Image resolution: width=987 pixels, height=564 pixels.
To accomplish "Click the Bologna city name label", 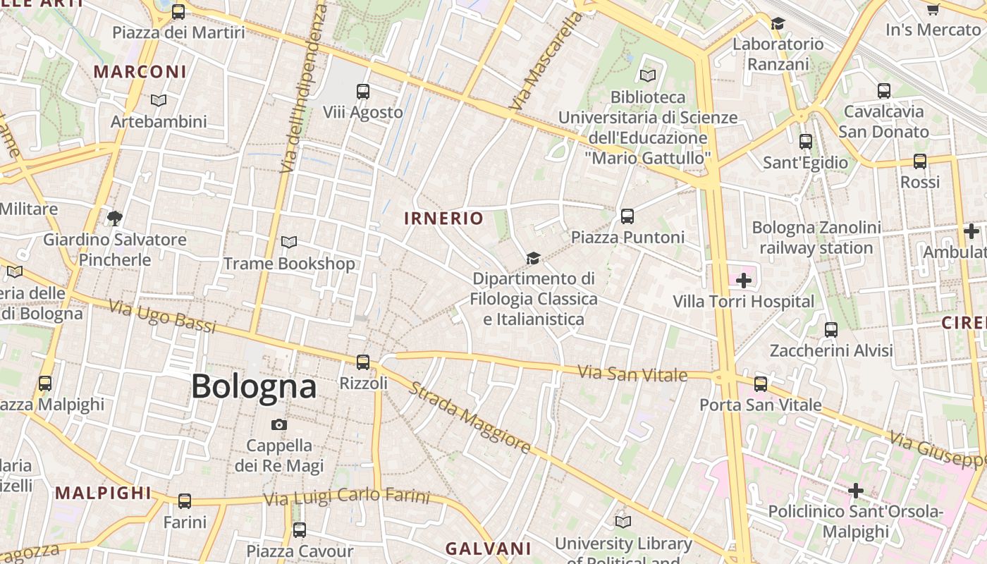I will (254, 386).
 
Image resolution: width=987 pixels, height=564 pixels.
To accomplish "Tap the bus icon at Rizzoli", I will (363, 362).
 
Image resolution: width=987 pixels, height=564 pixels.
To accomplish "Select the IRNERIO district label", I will (444, 219).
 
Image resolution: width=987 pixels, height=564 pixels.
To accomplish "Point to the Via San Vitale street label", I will (632, 374).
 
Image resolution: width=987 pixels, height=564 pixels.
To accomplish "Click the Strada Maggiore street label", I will (470, 418).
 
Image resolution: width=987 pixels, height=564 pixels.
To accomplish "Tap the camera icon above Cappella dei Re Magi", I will (279, 424).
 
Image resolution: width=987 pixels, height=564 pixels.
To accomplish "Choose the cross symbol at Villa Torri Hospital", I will (743, 281).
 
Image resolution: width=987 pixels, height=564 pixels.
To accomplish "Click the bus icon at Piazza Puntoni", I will (627, 216).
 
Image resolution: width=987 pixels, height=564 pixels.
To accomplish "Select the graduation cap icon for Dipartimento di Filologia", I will (534, 259).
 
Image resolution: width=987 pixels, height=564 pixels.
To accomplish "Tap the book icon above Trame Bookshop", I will (289, 243).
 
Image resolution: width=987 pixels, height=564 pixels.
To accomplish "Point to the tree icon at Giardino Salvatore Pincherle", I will (114, 218).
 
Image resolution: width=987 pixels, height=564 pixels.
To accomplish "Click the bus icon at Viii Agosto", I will (363, 92).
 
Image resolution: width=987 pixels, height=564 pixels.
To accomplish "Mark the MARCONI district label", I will (140, 72).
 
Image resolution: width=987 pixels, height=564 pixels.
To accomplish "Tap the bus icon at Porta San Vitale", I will (760, 384).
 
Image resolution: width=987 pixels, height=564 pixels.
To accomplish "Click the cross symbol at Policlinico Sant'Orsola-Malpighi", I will (856, 491).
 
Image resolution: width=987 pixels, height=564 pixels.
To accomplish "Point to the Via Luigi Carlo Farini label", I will (346, 497).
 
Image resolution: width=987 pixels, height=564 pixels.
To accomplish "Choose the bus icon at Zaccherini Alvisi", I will (831, 329).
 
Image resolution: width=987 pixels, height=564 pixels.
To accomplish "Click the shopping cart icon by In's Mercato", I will (933, 9).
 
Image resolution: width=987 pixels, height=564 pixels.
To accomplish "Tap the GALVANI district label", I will (489, 548).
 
